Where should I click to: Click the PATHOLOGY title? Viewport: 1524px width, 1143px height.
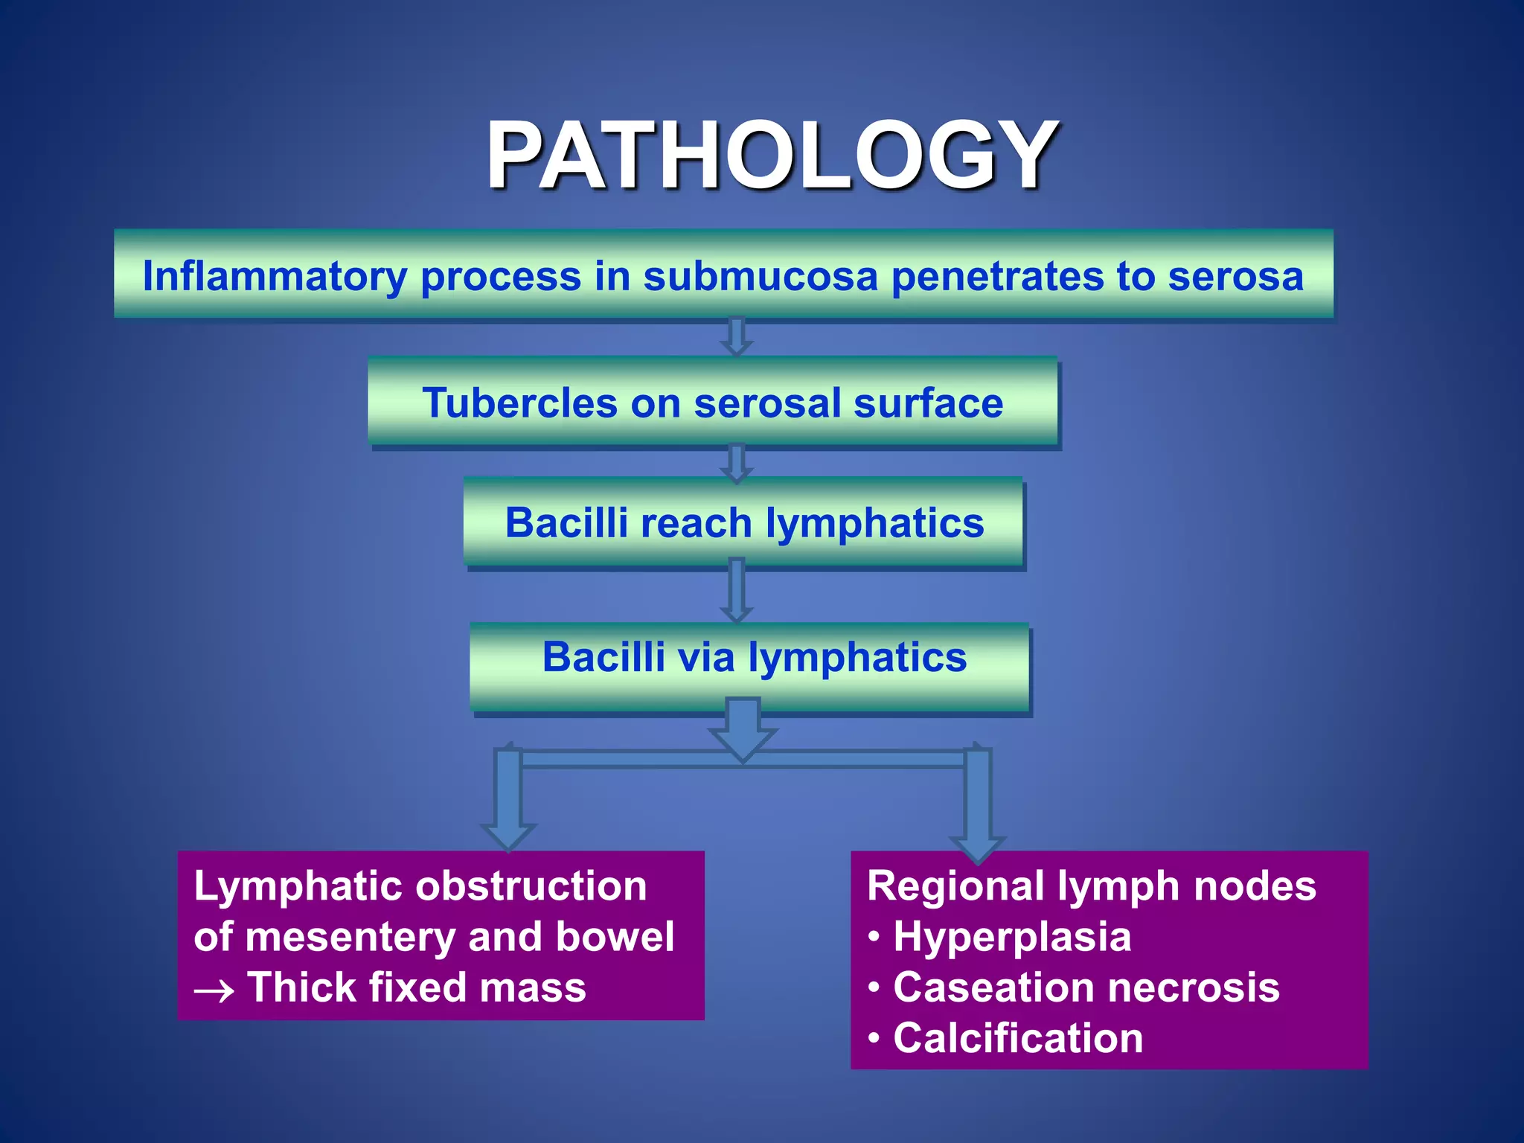[x=771, y=157]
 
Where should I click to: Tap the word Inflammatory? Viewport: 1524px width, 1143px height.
[x=275, y=276]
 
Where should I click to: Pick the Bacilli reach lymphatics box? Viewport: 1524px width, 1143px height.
[x=743, y=522]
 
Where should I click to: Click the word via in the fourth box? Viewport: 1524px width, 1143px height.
[x=706, y=657]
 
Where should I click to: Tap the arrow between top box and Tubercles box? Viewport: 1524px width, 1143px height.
[x=736, y=336]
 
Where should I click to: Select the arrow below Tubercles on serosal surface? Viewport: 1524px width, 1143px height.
[x=736, y=462]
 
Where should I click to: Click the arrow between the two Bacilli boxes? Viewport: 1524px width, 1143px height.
[x=736, y=592]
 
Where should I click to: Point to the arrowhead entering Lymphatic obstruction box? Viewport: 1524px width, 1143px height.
[x=508, y=835]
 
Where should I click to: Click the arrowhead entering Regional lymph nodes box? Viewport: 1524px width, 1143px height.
[x=978, y=847]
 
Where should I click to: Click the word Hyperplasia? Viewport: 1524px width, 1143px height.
[x=1012, y=937]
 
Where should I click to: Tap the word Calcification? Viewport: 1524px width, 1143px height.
[x=1018, y=1038]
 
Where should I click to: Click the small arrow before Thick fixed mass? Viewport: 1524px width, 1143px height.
[x=214, y=991]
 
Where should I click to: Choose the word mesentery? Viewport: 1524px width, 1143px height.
[x=349, y=937]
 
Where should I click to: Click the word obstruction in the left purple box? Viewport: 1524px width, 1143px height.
[x=531, y=886]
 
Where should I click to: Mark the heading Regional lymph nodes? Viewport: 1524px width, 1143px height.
[x=1092, y=886]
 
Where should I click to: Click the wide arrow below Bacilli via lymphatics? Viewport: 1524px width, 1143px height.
[x=743, y=729]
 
